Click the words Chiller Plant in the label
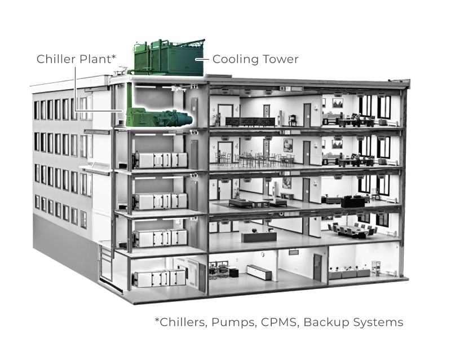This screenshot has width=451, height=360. [x=74, y=59]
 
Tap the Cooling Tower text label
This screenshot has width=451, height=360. [x=255, y=59]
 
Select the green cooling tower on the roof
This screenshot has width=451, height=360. [x=169, y=58]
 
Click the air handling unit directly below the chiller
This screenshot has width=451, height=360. [x=160, y=160]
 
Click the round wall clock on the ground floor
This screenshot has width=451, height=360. [x=263, y=254]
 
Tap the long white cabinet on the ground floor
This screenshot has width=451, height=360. [x=259, y=272]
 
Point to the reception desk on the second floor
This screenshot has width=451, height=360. [x=259, y=237]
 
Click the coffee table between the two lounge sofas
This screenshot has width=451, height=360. [x=261, y=204]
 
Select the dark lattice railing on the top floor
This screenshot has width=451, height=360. [x=250, y=122]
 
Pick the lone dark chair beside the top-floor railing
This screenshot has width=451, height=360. [x=293, y=120]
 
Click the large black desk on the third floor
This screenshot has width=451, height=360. [x=353, y=202]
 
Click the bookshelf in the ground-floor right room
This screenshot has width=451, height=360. [x=376, y=269]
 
